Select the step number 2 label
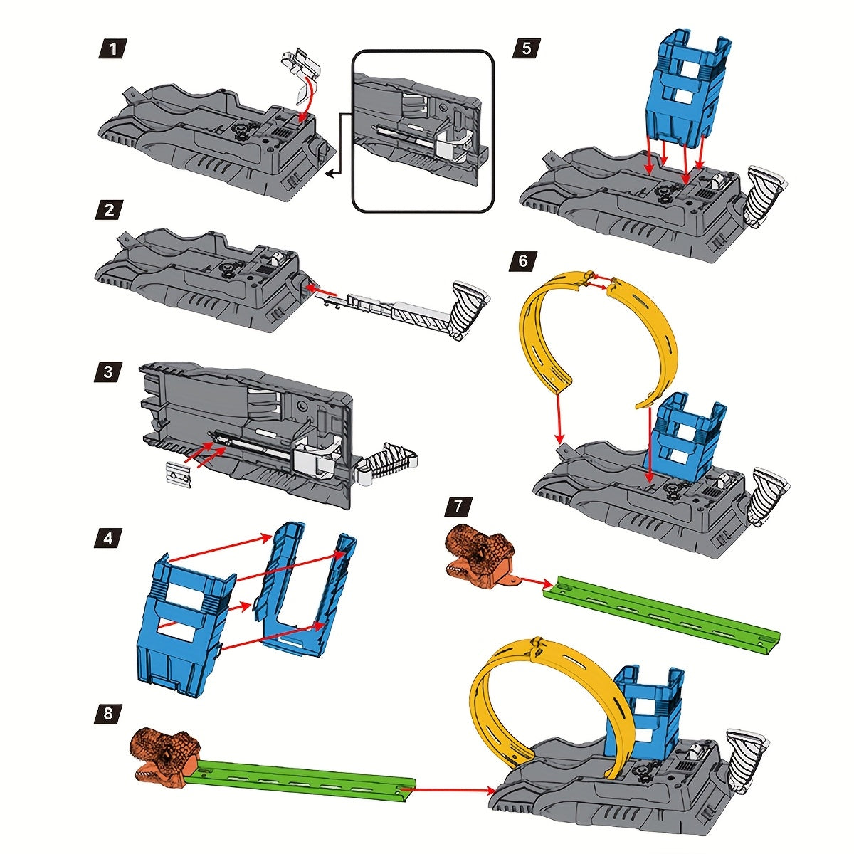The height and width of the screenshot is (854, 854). (109, 210)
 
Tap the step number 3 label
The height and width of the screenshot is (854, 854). (109, 371)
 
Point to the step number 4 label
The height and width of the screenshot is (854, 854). (109, 537)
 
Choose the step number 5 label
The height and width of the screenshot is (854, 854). (526, 48)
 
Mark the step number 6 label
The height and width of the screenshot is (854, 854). (523, 261)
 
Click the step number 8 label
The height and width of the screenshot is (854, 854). (108, 713)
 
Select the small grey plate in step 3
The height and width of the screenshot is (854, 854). (179, 475)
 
